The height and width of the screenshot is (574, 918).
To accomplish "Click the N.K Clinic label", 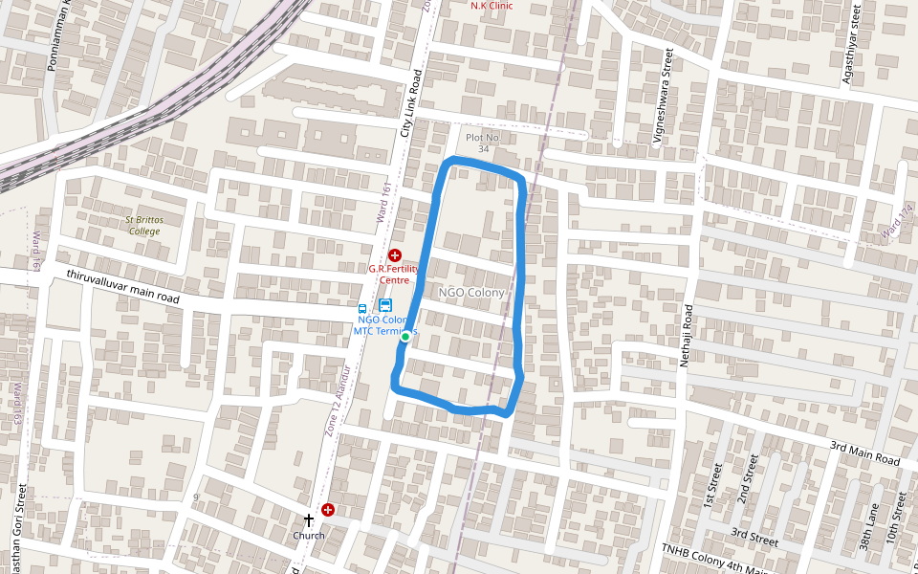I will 492,6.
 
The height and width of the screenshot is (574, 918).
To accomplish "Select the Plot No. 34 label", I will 483,143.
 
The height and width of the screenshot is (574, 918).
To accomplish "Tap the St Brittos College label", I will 144,226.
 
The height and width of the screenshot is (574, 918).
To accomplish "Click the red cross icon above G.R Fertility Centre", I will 395,255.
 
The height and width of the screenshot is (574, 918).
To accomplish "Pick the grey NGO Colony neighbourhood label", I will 471,292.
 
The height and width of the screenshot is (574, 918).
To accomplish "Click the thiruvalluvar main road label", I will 122,287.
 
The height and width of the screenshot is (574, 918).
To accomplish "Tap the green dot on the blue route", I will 405,337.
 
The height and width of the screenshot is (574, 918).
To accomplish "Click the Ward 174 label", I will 895,223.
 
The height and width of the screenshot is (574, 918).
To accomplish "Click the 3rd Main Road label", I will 864,453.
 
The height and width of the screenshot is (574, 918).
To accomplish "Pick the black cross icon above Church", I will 309,520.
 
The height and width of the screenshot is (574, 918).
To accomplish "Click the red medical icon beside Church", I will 329,511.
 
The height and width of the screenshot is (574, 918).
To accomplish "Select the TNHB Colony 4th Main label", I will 714,560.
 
